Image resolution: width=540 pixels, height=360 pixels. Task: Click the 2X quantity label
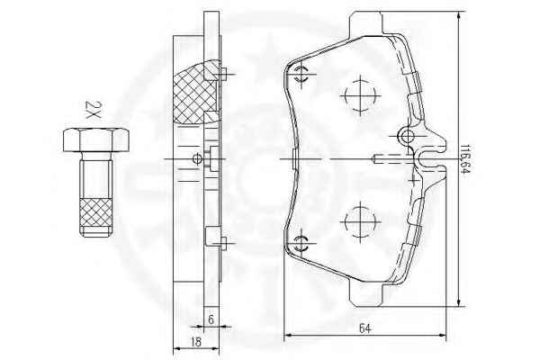click(93, 110)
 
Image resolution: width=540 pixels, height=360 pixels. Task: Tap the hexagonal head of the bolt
click(96, 139)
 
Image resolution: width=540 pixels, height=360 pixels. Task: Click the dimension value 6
click(211, 319)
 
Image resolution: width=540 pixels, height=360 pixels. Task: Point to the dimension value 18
click(195, 342)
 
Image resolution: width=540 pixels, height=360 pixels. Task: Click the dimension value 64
click(364, 328)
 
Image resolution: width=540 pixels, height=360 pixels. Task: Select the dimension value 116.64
click(465, 159)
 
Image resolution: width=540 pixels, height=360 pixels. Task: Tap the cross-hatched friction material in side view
click(196, 93)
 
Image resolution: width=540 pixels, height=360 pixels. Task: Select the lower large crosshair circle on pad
click(360, 221)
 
